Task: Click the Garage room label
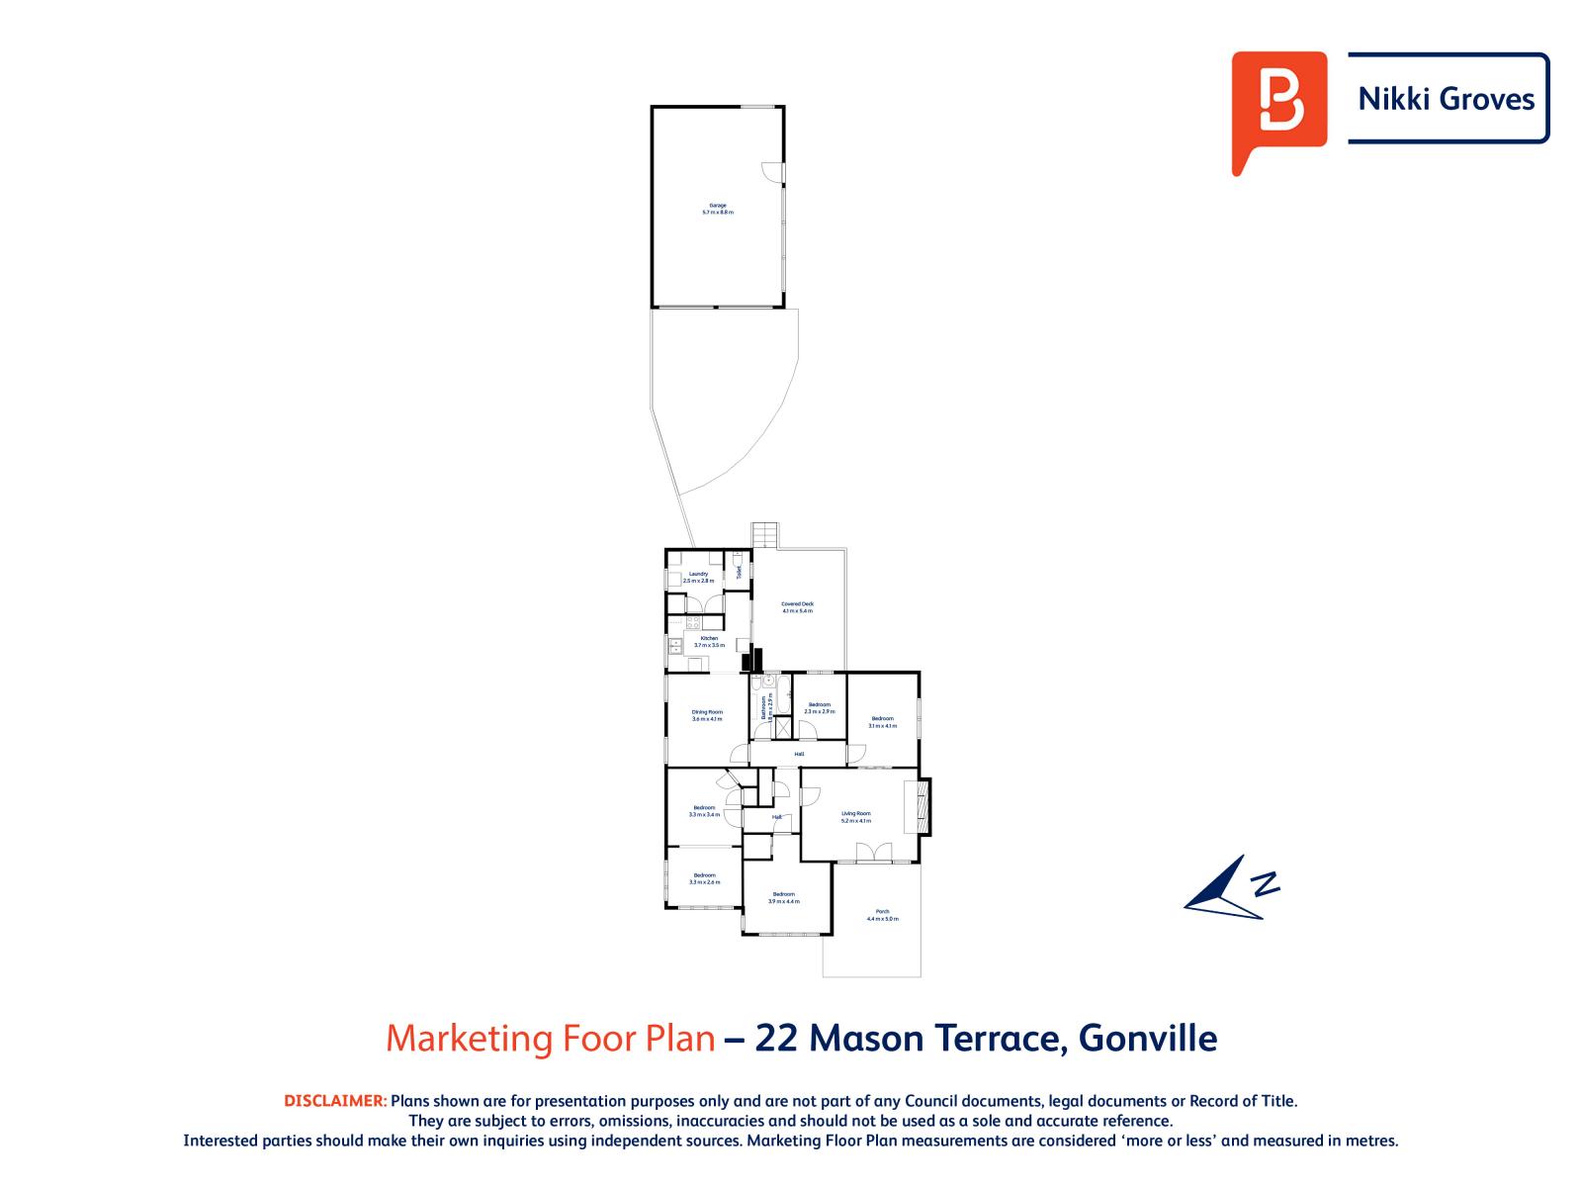click(718, 209)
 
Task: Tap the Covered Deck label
click(797, 607)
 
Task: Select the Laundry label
click(698, 578)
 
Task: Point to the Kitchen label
click(709, 641)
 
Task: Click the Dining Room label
click(707, 715)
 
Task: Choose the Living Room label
click(856, 817)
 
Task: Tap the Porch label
click(882, 915)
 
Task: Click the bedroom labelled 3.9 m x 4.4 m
click(783, 897)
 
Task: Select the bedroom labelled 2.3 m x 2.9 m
click(819, 708)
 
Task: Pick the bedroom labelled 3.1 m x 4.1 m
click(882, 722)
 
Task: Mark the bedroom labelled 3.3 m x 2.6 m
click(704, 877)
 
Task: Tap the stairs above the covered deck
click(765, 535)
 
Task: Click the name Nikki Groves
click(1448, 99)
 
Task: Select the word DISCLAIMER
click(335, 1101)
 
